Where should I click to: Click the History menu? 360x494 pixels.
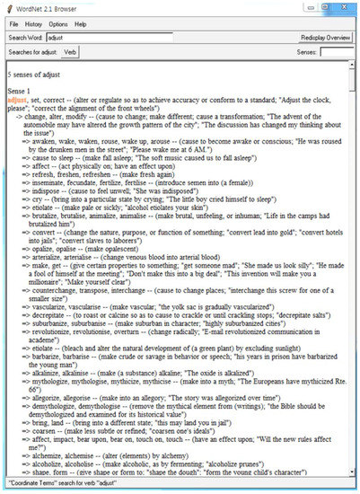point(34,23)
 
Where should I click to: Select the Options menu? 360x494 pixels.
point(58,23)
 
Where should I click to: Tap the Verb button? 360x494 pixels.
point(71,53)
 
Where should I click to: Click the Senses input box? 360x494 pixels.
point(336,53)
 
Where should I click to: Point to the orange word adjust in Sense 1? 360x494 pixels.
point(18,101)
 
